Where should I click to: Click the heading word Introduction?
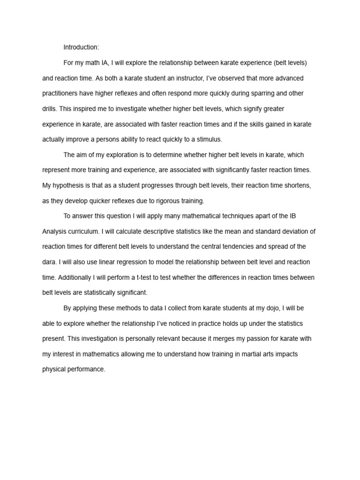pos(81,47)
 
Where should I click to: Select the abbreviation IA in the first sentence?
pos(105,63)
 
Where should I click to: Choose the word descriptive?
pos(168,231)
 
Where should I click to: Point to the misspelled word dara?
pos(49,262)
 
